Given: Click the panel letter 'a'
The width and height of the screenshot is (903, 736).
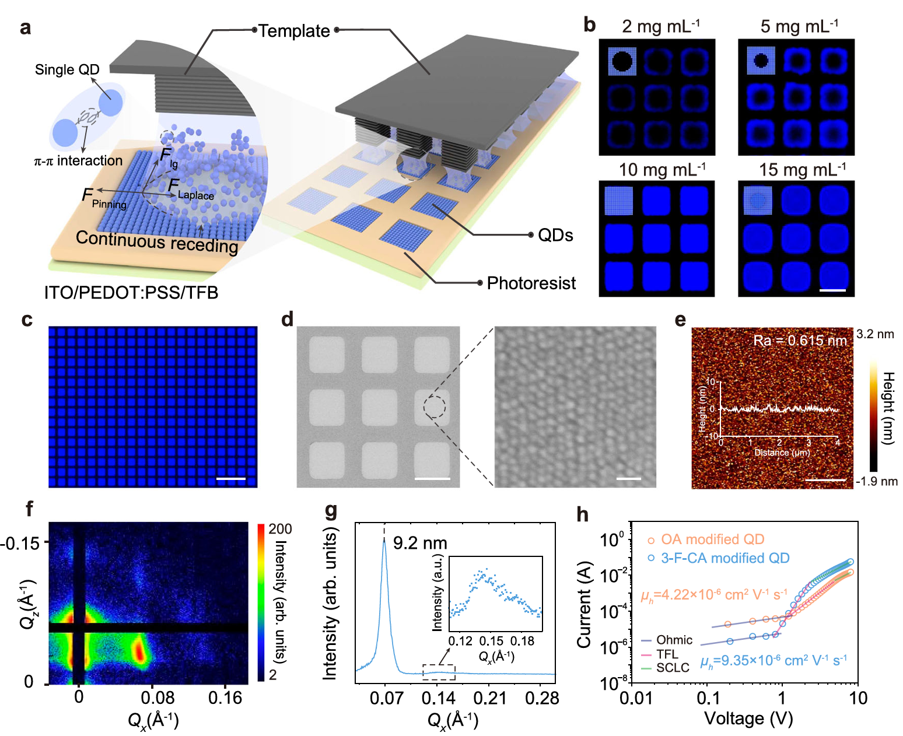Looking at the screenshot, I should [25, 28].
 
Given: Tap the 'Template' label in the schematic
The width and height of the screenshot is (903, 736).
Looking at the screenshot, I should [294, 31].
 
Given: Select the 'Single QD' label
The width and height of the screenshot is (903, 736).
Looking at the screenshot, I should [67, 70].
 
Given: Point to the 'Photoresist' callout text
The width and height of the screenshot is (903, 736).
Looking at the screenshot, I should [531, 283].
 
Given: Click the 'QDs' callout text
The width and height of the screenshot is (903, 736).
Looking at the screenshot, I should [555, 236].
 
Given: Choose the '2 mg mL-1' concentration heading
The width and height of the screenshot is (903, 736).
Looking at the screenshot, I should [660, 26].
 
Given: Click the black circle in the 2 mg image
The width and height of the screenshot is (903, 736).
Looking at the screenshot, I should [622, 61].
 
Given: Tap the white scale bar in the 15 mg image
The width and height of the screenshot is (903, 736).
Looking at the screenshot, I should [832, 290].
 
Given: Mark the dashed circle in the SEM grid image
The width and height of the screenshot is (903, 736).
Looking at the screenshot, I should [435, 406].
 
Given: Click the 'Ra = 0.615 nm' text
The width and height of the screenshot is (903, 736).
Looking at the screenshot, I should [800, 341].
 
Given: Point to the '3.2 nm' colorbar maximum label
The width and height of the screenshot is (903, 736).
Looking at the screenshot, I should [875, 334].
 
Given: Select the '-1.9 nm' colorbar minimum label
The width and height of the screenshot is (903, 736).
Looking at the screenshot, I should [876, 481].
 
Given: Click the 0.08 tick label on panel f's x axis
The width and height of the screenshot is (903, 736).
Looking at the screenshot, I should [157, 698].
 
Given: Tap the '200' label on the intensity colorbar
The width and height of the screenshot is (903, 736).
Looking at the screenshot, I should [280, 529].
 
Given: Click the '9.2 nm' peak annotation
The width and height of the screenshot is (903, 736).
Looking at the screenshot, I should [420, 544].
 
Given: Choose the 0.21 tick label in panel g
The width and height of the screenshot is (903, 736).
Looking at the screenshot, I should [490, 698].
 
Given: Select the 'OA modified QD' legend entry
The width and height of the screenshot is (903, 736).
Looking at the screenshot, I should [712, 539].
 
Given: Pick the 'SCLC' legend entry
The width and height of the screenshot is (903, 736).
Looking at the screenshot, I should [673, 668].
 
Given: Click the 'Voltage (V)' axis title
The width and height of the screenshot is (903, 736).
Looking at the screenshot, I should [748, 719].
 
